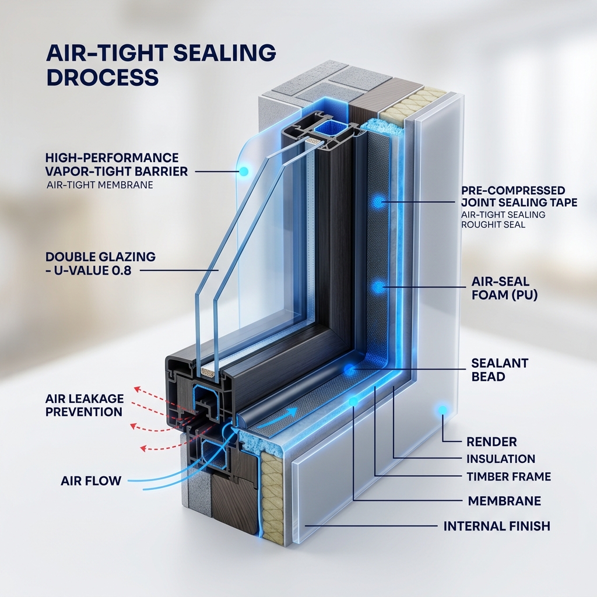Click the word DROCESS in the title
coord(102,78)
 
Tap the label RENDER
coord(491,442)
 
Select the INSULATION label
coord(501,459)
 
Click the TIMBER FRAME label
coord(508,476)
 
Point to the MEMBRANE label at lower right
coord(504,501)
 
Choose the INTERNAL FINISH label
coord(497,526)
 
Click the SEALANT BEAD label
coord(500,370)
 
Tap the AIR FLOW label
coord(91,480)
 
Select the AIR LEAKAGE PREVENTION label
coord(85,405)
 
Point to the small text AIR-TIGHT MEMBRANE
coord(100,185)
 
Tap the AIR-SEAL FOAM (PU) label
coord(504,288)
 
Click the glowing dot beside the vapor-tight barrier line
coord(244,172)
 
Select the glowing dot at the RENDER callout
coord(443,410)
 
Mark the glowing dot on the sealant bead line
coord(350,368)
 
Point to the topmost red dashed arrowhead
coord(136,389)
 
